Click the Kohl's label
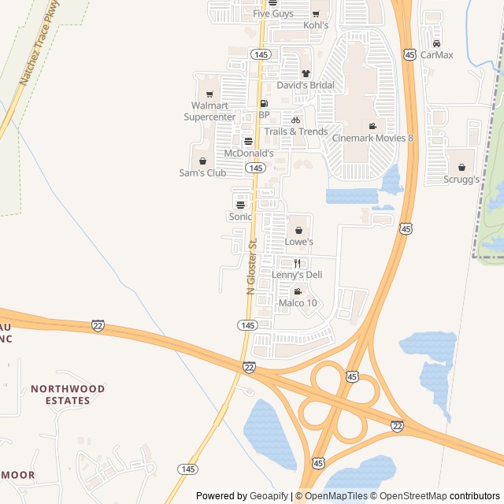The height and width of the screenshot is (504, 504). pyautogui.click(x=315, y=25)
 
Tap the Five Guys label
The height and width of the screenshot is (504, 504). pyautogui.click(x=272, y=13)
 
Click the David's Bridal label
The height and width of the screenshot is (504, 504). pyautogui.click(x=306, y=85)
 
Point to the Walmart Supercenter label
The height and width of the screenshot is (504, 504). pyautogui.click(x=209, y=111)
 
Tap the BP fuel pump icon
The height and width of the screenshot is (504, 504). pyautogui.click(x=264, y=103)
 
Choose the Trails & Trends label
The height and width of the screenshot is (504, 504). pyautogui.click(x=296, y=132)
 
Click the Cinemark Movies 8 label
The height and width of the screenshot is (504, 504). pyautogui.click(x=372, y=138)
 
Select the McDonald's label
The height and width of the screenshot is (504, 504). pyautogui.click(x=249, y=153)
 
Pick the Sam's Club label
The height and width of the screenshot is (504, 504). pyautogui.click(x=202, y=172)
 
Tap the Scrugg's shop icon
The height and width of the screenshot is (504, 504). pyautogui.click(x=461, y=167)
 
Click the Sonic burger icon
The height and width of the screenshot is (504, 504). pyautogui.click(x=240, y=205)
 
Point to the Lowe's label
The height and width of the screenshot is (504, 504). pyautogui.click(x=298, y=242)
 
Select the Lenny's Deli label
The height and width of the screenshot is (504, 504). pyautogui.click(x=297, y=275)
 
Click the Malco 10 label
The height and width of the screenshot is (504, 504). pyautogui.click(x=298, y=302)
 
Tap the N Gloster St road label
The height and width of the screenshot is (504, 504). pyautogui.click(x=252, y=266)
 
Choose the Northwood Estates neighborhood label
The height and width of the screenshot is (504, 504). pyautogui.click(x=68, y=395)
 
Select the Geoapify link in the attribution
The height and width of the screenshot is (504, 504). pyautogui.click(x=269, y=496)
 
